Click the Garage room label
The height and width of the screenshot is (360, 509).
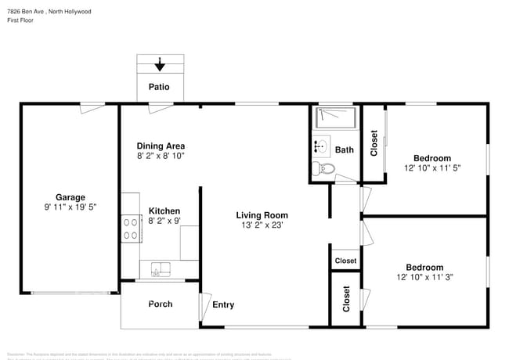coord(70,197)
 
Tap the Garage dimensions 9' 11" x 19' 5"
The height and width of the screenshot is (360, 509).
coord(70,207)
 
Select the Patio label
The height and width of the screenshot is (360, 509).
coord(159,87)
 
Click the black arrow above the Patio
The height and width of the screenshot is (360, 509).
coord(160,64)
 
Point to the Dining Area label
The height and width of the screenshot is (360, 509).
coord(161,146)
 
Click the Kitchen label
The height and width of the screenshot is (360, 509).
coord(164,211)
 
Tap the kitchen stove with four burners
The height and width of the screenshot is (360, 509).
coord(129,227)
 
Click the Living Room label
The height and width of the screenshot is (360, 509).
coord(262,215)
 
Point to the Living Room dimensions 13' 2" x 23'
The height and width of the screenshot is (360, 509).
coord(262,225)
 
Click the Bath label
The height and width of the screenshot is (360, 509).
coord(345,149)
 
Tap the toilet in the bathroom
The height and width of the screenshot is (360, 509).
coord(324,168)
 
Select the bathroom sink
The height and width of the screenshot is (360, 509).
coord(321,146)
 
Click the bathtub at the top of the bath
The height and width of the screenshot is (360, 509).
coord(336,118)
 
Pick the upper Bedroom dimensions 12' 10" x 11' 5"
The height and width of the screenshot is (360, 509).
coord(433,168)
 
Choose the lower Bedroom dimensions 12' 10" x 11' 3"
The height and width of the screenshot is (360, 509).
coord(431,277)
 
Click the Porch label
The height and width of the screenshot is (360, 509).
coord(161,304)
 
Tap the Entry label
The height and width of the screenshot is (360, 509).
coord(223,304)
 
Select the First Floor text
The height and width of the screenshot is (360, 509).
coord(21,20)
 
